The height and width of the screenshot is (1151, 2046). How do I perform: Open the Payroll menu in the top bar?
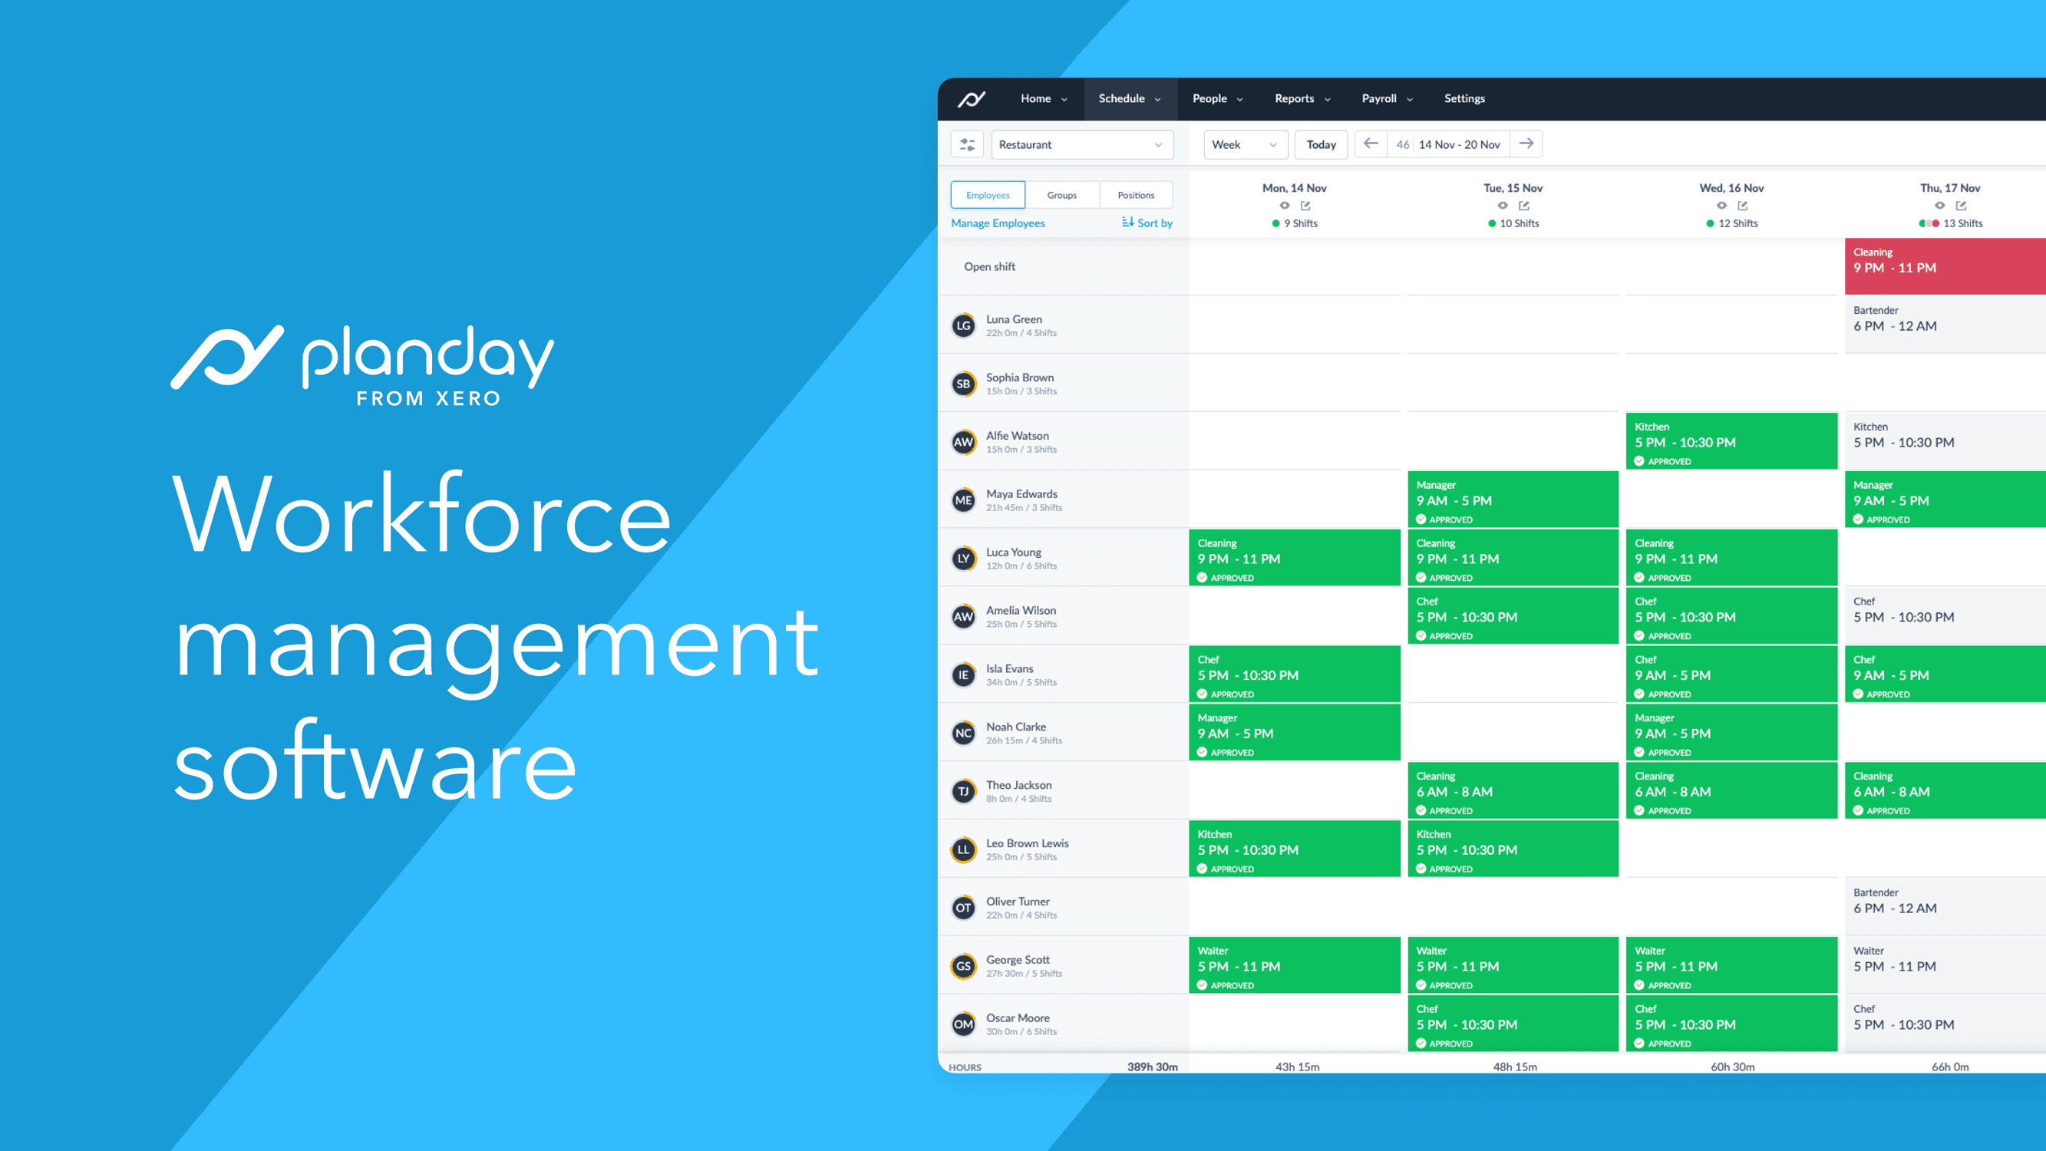click(x=1387, y=98)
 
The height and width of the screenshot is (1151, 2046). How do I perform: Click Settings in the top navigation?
click(x=1464, y=98)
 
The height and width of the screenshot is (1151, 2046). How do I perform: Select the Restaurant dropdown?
click(x=1082, y=144)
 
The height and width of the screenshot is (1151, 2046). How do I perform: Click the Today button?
click(x=1321, y=144)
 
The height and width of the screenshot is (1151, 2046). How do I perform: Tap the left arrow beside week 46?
click(x=1370, y=143)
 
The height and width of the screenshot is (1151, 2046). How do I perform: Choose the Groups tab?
click(x=1062, y=196)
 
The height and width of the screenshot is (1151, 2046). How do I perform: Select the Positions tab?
click(x=1136, y=196)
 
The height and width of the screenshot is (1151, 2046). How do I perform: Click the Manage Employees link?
click(x=998, y=223)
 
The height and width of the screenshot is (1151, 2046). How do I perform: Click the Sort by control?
click(x=1147, y=223)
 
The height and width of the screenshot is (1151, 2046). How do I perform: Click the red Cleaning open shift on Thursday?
click(x=1945, y=266)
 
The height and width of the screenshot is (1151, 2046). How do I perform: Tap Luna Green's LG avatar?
click(x=963, y=325)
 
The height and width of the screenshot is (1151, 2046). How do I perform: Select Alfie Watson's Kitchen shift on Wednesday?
click(x=1731, y=441)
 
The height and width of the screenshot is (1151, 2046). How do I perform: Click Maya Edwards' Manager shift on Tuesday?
click(x=1513, y=499)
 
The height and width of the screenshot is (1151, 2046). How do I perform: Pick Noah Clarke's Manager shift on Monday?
click(x=1295, y=731)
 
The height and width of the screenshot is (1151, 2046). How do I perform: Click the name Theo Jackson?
click(x=1019, y=785)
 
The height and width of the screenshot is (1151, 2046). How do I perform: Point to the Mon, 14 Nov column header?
click(x=1295, y=188)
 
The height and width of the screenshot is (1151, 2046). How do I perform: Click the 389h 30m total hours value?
click(x=1153, y=1067)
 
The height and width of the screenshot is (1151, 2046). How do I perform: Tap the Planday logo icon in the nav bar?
click(x=972, y=98)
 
